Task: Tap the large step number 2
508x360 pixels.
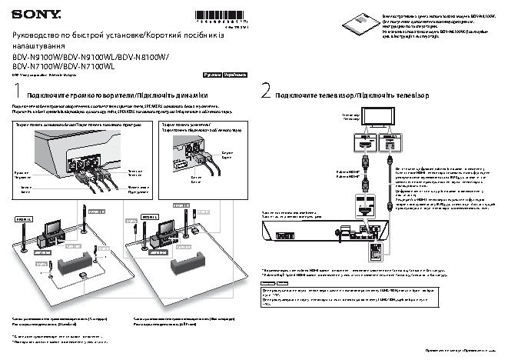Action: pos(266,92)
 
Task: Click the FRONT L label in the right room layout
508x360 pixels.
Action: pos(148,218)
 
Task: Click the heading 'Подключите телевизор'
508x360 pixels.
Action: pos(312,94)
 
